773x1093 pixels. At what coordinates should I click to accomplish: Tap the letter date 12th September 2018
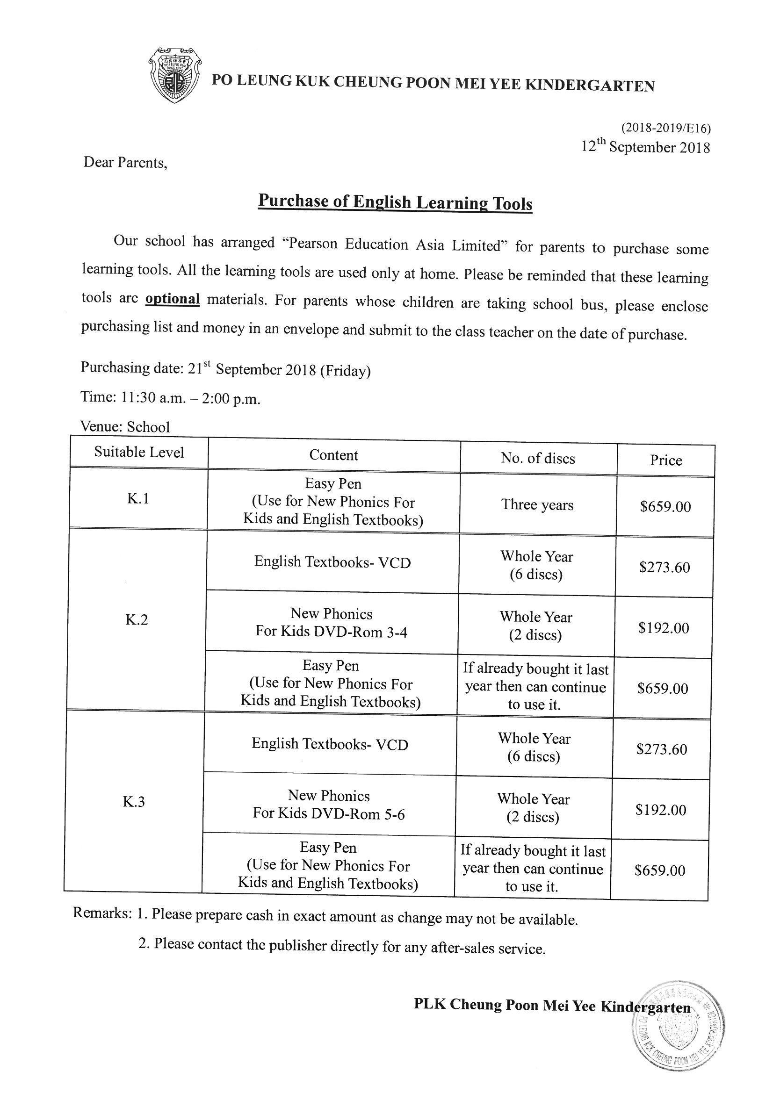[x=645, y=147]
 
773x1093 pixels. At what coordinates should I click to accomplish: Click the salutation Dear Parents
[x=125, y=163]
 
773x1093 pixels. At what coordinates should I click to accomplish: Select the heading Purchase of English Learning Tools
[x=395, y=202]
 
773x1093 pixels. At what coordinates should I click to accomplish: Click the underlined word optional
[x=173, y=299]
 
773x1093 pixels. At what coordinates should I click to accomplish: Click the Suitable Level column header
[x=138, y=452]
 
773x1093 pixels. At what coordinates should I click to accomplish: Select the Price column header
[x=666, y=460]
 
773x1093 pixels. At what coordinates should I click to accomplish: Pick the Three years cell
[x=537, y=504]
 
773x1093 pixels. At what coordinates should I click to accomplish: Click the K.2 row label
[x=137, y=619]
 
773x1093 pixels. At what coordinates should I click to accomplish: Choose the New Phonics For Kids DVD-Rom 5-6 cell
[x=329, y=805]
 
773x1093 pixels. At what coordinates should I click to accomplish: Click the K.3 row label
[x=134, y=802]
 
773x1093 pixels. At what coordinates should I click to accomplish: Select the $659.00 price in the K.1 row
[x=665, y=506]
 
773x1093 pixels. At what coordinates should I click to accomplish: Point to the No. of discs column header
[x=538, y=458]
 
